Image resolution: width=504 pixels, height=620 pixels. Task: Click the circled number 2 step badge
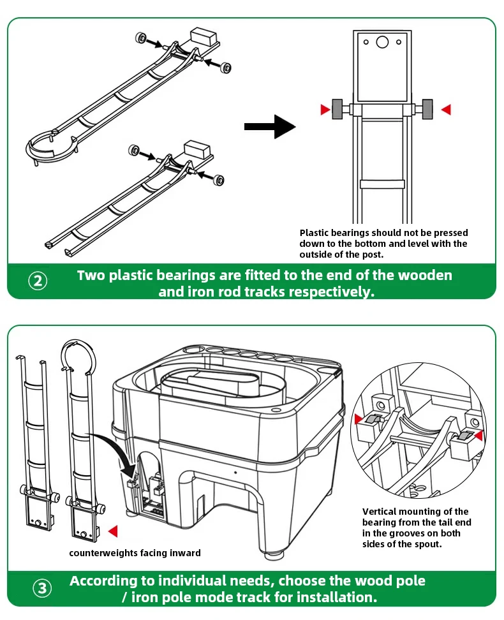click(38, 281)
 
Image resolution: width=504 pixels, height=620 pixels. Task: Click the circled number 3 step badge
click(42, 588)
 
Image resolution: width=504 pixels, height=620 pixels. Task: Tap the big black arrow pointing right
click(271, 126)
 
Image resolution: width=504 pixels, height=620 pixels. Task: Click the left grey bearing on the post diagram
click(337, 109)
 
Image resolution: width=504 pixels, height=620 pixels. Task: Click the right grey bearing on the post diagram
click(427, 109)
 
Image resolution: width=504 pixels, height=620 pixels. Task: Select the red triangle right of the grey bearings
click(446, 110)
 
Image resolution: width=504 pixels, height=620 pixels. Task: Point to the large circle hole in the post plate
click(382, 41)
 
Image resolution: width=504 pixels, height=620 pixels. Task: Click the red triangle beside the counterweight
click(113, 531)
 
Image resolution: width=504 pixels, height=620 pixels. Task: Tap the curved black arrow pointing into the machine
click(115, 451)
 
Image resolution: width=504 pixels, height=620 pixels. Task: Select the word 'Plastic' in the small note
click(314, 232)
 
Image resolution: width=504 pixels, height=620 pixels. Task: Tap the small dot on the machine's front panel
click(235, 472)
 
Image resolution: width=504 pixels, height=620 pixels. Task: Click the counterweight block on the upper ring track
click(204, 36)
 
